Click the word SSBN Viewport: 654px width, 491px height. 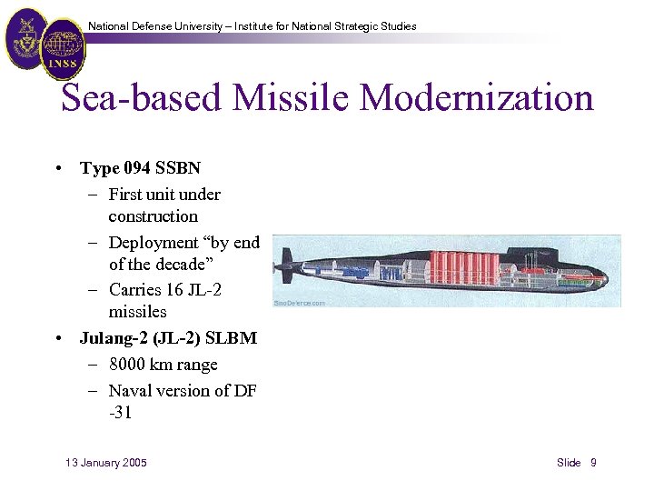point(178,168)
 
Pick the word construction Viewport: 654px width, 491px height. point(153,216)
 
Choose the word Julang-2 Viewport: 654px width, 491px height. point(114,338)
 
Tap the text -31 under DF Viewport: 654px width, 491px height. point(122,412)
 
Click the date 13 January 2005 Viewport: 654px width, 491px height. point(106,463)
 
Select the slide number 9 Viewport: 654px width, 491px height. point(593,463)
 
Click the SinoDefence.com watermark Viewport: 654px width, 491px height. point(300,303)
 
